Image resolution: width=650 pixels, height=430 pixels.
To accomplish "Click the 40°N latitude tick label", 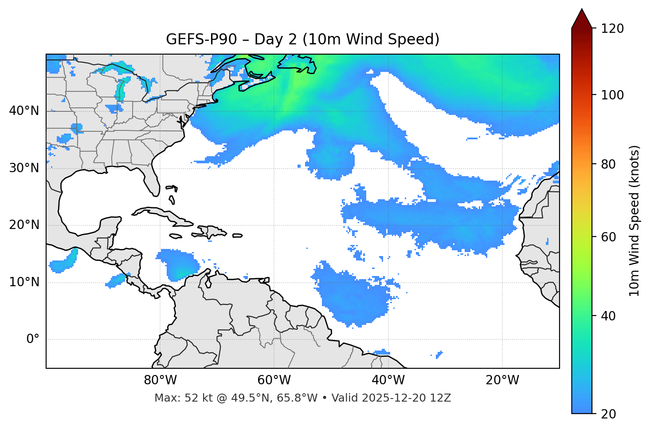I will point(24,111).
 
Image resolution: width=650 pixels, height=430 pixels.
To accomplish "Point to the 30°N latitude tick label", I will point(24,168).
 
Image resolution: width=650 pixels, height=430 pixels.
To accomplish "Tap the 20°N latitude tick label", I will point(24,225).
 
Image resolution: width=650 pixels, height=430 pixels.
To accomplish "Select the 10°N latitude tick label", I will point(24,282).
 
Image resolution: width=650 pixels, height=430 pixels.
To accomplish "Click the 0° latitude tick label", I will point(33,339).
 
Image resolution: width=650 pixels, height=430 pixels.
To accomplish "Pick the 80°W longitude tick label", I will point(160,380).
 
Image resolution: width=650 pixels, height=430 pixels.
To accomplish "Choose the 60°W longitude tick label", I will point(274,380).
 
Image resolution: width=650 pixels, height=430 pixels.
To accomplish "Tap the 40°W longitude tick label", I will point(388,380).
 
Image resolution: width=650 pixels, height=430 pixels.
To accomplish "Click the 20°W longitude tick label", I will point(502,380).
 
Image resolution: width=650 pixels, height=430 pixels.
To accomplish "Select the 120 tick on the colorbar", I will point(612,29).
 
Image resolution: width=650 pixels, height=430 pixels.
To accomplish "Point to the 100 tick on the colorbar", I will point(612,95).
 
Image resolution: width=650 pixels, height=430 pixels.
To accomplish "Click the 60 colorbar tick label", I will point(608,237).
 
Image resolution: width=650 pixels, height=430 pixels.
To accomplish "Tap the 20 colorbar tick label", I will point(608,414).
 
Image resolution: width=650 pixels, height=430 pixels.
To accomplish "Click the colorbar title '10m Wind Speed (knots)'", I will point(634,221).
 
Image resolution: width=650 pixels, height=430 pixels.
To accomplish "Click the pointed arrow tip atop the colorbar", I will point(582,11).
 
